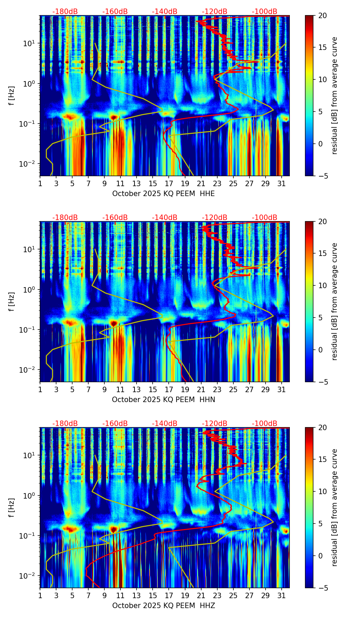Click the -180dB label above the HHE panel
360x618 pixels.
click(x=65, y=12)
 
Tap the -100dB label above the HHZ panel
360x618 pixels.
click(x=265, y=424)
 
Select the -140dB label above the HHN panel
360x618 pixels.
click(x=165, y=218)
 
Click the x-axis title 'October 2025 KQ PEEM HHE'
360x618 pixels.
click(x=164, y=194)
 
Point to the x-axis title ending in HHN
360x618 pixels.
click(x=164, y=400)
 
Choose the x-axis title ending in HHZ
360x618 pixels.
click(x=164, y=606)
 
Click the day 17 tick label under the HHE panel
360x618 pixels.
click(x=169, y=183)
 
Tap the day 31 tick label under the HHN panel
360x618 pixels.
click(x=282, y=389)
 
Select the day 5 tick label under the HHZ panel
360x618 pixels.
click(x=72, y=595)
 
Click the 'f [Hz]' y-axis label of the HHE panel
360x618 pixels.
click(x=12, y=96)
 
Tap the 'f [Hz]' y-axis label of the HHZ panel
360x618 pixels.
click(x=12, y=508)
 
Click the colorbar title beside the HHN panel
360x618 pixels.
click(x=334, y=301)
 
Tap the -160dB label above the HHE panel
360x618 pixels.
click(x=115, y=12)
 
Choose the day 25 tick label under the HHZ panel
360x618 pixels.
click(x=233, y=595)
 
